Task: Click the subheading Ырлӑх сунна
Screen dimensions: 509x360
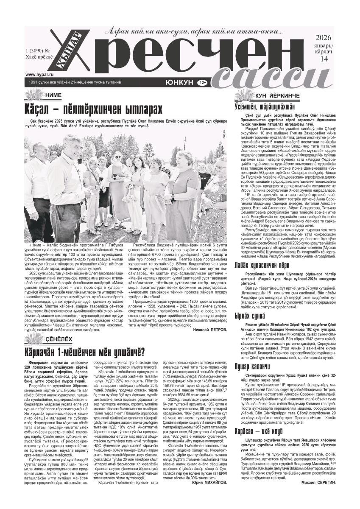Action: (x=250, y=303)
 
